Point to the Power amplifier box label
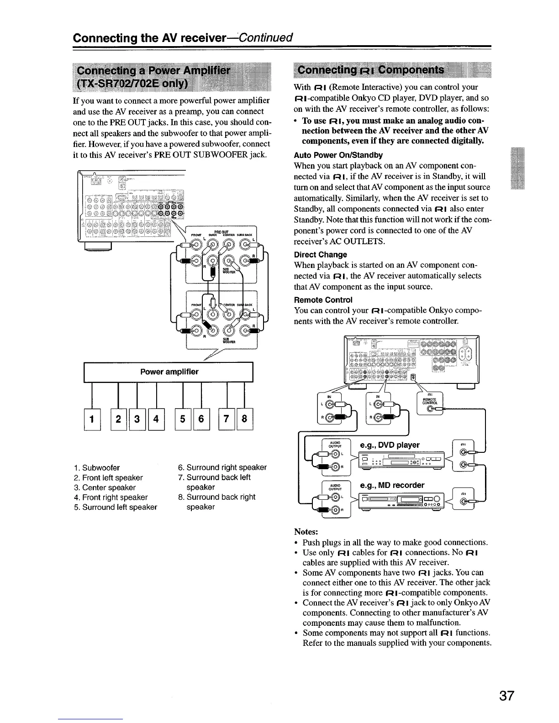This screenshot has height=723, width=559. (169, 372)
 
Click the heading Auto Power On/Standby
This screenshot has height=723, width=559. (338, 155)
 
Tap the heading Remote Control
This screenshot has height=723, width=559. (323, 299)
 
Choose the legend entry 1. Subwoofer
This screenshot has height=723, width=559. (97, 467)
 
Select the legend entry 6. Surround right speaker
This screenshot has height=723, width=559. (222, 467)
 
